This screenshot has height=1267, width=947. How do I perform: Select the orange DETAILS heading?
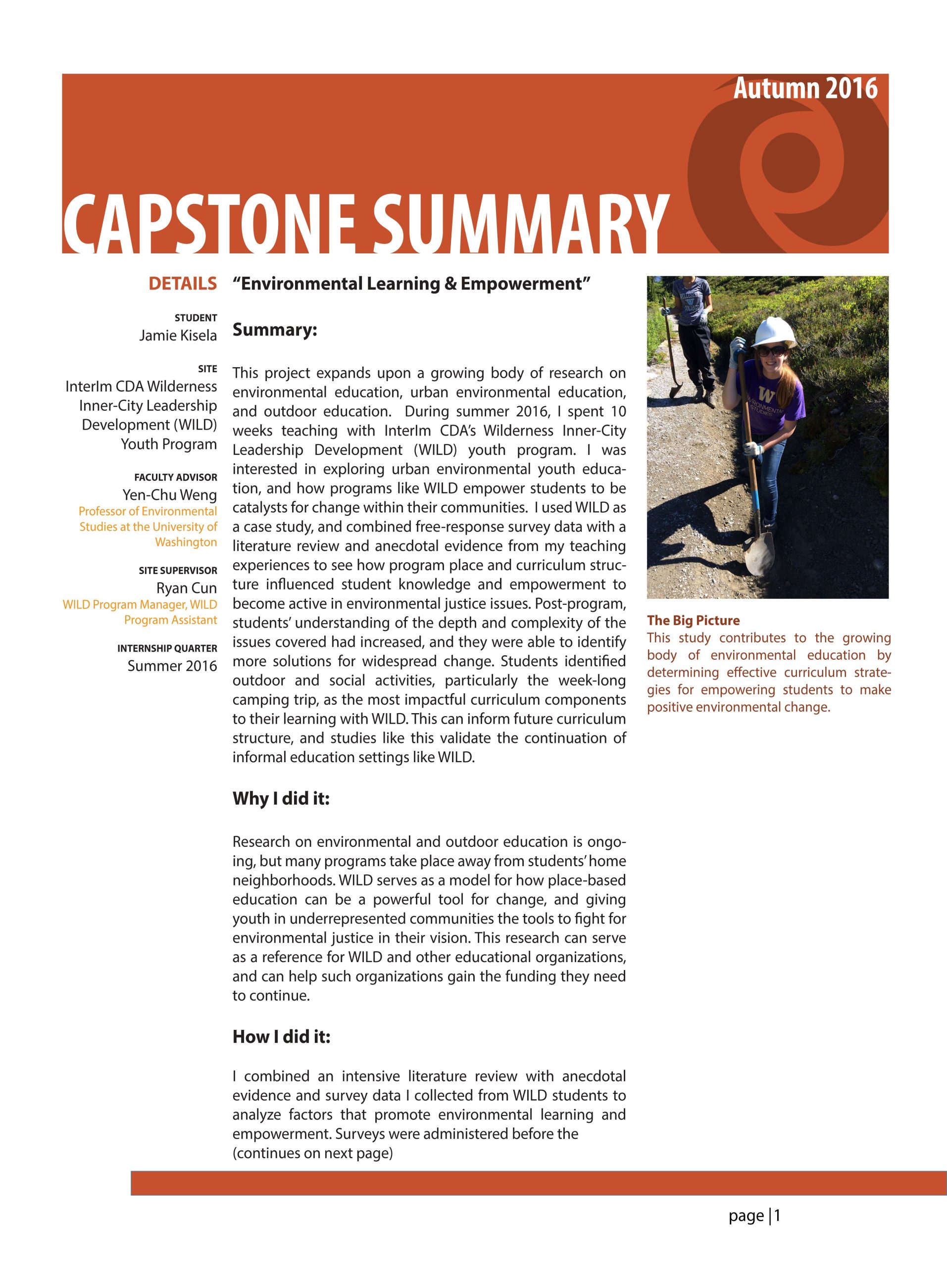[183, 284]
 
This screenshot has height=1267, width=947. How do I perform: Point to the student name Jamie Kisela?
[178, 335]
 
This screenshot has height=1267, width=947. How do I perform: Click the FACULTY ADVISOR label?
[175, 477]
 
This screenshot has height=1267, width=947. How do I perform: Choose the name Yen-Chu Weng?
[170, 494]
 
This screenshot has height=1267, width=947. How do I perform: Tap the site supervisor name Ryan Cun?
[186, 588]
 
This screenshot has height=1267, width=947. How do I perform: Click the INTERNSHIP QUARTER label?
[167, 648]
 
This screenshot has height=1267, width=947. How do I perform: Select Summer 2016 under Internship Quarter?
[172, 666]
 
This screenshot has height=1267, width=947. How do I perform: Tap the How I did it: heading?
[281, 1037]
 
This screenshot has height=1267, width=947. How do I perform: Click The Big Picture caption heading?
[693, 620]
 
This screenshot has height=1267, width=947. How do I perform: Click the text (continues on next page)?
[312, 1153]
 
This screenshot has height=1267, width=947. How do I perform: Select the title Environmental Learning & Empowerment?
[411, 284]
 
